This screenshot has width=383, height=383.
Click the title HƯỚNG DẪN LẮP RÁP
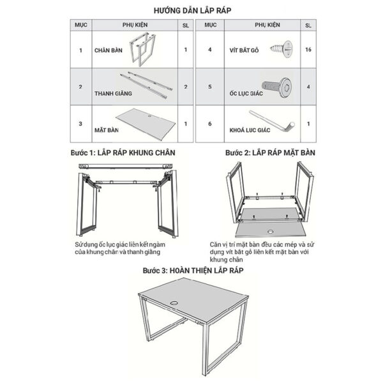click(x=191, y=10)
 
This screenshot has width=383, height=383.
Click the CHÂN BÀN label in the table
click(x=108, y=50)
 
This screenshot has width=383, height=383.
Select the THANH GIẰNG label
click(x=112, y=93)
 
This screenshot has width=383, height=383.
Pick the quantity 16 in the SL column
click(x=308, y=49)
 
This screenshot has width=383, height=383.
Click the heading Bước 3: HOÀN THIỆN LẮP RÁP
click(x=192, y=271)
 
